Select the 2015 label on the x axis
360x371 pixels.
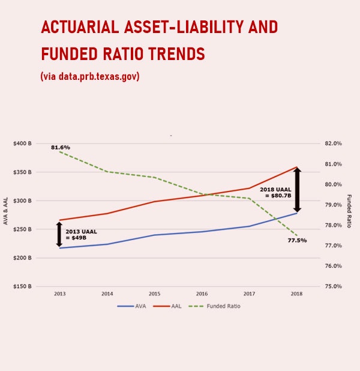coord(154,294)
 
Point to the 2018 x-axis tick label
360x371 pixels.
coord(296,294)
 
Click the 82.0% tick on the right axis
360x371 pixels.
coord(332,143)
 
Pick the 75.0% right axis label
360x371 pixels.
coord(332,286)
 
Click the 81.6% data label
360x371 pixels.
coord(61,147)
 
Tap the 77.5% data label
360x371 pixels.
coord(297,240)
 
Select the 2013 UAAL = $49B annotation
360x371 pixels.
coord(81,234)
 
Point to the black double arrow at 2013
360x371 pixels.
coord(59,234)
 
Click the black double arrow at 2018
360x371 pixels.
coord(297,190)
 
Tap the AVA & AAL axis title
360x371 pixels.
coord(6,212)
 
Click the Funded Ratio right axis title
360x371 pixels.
coord(349,211)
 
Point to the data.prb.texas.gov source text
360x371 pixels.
coord(99,77)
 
